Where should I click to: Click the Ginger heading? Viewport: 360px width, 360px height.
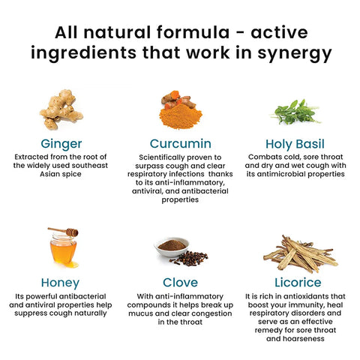61,144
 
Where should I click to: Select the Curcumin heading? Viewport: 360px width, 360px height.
181,144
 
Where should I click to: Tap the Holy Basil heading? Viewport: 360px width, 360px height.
295,144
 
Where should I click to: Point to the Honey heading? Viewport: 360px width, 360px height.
60,283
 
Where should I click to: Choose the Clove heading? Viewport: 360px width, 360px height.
180,283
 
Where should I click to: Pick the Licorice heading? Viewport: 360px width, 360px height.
298,283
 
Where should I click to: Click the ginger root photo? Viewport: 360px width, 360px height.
61,109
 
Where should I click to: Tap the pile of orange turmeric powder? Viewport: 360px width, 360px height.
181,116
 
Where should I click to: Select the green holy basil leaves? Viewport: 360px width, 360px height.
295,112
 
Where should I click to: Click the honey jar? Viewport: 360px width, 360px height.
63,249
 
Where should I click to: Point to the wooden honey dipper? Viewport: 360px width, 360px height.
63,232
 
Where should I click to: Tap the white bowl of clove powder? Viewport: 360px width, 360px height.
172,247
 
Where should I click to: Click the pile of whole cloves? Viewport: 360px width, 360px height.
190,258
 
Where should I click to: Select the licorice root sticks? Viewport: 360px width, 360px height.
301,254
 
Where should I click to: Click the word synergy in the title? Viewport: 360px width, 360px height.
295,53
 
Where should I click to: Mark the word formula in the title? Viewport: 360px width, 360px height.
193,32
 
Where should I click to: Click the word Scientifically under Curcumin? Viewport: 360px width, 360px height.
161,157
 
